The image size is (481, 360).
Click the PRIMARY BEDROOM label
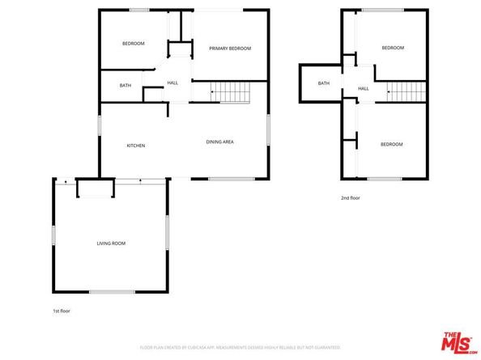pyautogui.click(x=230, y=49)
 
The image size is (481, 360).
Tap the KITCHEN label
pyautogui.click(x=135, y=146)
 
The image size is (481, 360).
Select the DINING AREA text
pyautogui.click(x=219, y=142)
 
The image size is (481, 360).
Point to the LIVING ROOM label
pyautogui.click(x=111, y=243)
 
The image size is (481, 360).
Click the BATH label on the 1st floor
pyautogui.click(x=126, y=86)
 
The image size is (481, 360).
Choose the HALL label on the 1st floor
pyautogui.click(x=172, y=83)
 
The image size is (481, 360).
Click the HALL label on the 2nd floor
pyautogui.click(x=364, y=88)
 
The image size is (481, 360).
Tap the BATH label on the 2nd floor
pyautogui.click(x=324, y=83)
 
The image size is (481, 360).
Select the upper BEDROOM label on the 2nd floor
pyautogui.click(x=393, y=48)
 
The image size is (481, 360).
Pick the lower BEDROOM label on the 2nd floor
pyautogui.click(x=392, y=144)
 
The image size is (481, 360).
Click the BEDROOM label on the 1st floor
pyautogui.click(x=134, y=44)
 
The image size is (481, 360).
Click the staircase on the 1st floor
pyautogui.click(x=231, y=92)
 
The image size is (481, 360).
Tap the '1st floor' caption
pyautogui.click(x=62, y=311)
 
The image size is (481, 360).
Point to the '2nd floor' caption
pyautogui.click(x=350, y=197)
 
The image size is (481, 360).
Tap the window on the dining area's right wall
pyautogui.click(x=268, y=129)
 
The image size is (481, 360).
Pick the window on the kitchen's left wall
pyautogui.click(x=100, y=126)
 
